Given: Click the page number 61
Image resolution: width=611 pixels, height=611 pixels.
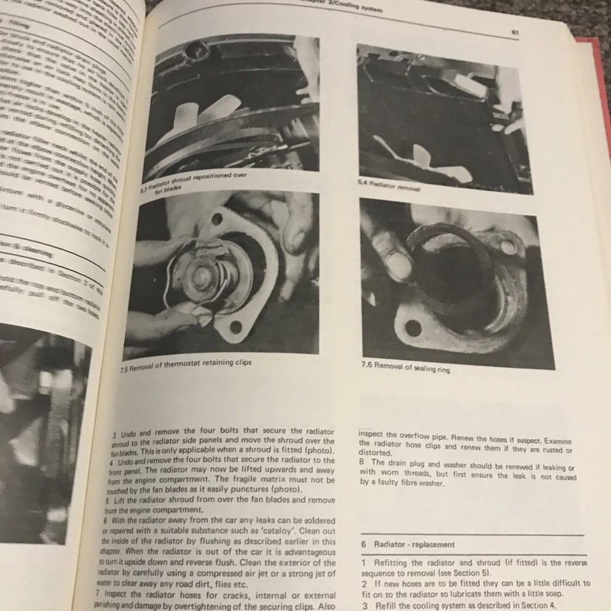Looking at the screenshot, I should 514,32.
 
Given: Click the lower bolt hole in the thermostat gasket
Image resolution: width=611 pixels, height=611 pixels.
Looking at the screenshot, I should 236,327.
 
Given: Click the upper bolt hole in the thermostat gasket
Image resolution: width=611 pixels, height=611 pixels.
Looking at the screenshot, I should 217,219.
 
